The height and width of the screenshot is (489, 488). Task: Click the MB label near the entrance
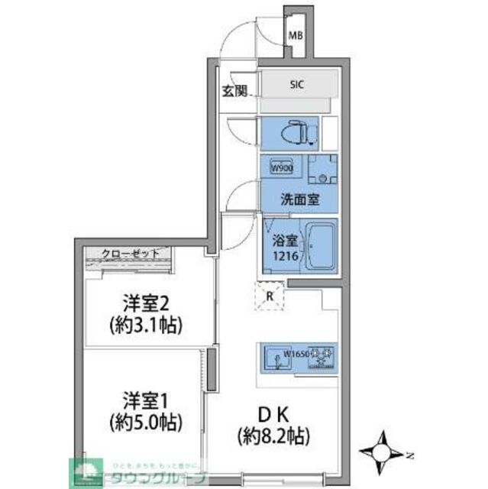coord(295,35)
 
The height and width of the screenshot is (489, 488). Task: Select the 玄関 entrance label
coord(235,92)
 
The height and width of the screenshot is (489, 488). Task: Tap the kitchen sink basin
coord(274,358)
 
